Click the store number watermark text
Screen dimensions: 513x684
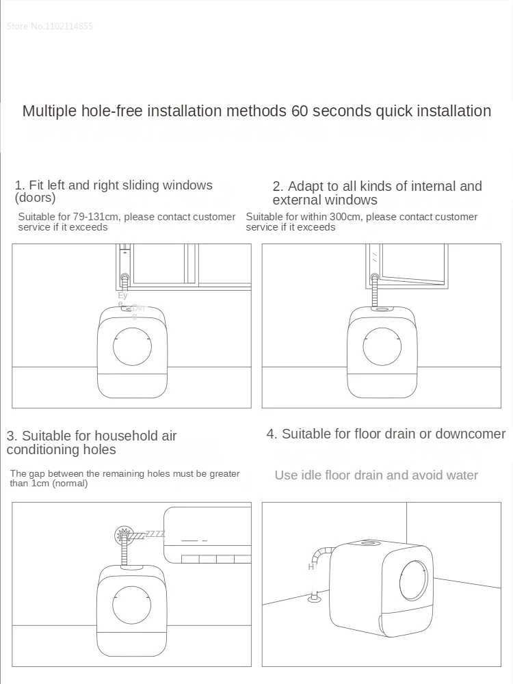click(x=49, y=27)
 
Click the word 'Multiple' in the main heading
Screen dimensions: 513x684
click(x=49, y=111)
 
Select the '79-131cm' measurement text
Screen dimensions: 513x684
click(x=94, y=217)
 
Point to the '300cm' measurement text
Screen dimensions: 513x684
click(x=329, y=217)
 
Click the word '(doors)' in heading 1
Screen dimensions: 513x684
click(x=35, y=198)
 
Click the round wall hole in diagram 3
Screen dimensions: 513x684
click(x=124, y=534)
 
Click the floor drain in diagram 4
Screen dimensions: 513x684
click(x=315, y=599)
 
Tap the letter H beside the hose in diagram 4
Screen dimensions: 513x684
click(x=311, y=567)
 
